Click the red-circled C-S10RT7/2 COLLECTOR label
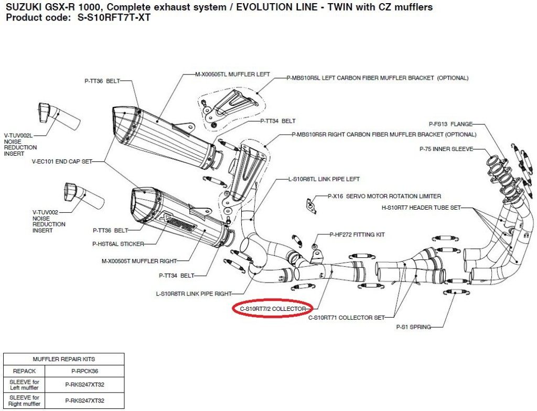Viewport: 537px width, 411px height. pyautogui.click(x=272, y=309)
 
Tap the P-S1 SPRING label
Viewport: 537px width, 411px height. pyautogui.click(x=413, y=327)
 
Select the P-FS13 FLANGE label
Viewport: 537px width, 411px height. pyautogui.click(x=450, y=124)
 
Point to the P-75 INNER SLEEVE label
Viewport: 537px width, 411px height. pyautogui.click(x=446, y=149)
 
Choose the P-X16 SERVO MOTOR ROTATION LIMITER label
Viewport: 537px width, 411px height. pyautogui.click(x=384, y=197)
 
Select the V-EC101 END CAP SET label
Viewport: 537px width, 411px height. pyautogui.click(x=62, y=162)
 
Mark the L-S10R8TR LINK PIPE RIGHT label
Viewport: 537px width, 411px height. pyautogui.click(x=194, y=293)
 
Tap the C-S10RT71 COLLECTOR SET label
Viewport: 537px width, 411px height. pyautogui.click(x=346, y=317)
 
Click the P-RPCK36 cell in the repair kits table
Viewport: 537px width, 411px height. pyautogui.click(x=84, y=370)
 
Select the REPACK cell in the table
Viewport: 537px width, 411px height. pyautogui.click(x=24, y=370)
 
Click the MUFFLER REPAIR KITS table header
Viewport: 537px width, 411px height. pyautogui.click(x=64, y=359)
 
